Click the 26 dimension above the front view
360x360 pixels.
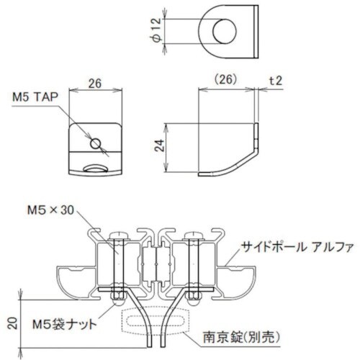(95, 83)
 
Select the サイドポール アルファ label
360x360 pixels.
(296, 246)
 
